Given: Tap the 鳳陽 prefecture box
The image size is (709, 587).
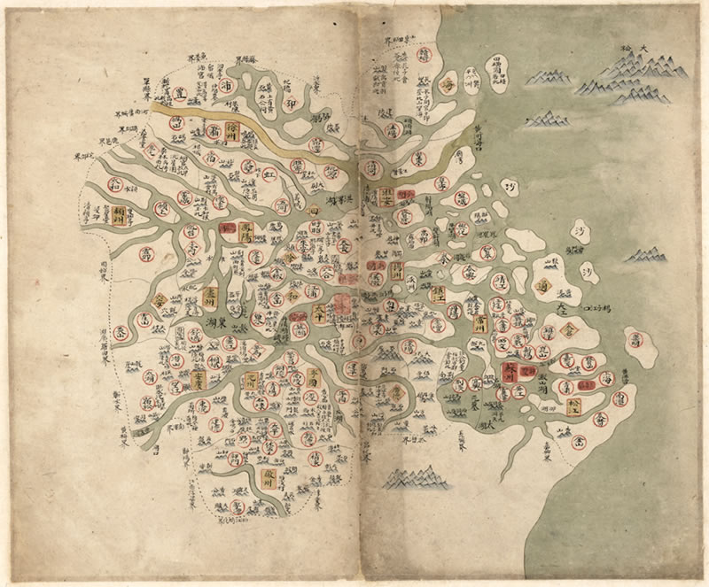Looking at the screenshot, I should [x=247, y=231].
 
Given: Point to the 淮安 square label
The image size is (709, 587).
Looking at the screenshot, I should [x=386, y=197].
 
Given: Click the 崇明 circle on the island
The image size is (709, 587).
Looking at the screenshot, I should [x=633, y=338].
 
